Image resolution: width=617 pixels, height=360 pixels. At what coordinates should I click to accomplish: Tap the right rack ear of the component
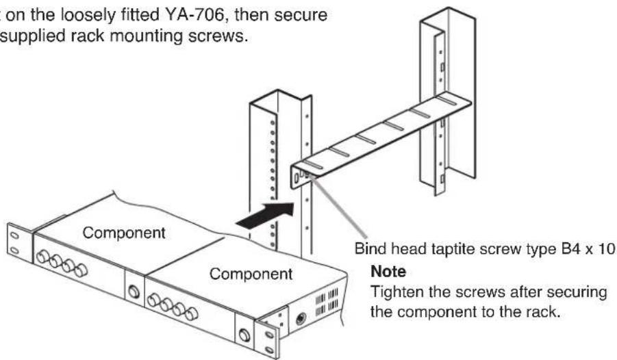(x=273, y=339)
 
